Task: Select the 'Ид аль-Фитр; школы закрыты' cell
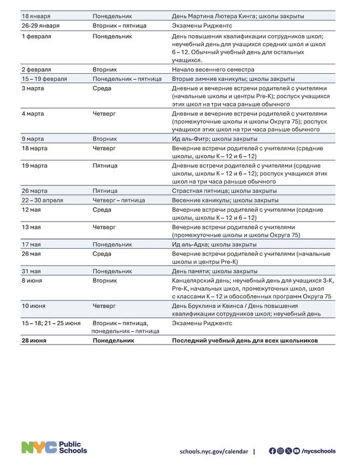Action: (214, 139)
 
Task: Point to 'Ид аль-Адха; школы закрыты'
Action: (214, 244)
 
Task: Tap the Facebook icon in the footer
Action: (272, 451)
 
